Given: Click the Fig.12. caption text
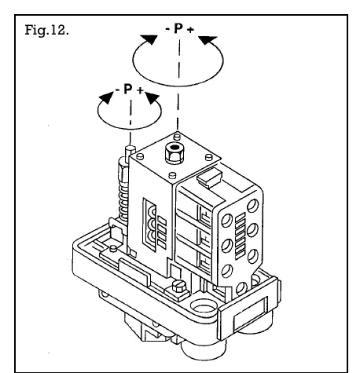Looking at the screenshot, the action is click(46, 30).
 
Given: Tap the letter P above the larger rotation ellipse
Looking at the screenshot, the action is click(178, 28).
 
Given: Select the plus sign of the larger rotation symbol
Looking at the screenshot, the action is click(190, 29).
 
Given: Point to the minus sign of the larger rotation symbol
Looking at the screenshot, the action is click(167, 28).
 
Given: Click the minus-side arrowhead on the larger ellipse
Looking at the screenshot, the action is click(149, 39).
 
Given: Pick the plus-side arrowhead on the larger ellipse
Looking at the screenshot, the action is click(208, 40).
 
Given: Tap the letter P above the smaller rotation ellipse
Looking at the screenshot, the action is click(127, 89).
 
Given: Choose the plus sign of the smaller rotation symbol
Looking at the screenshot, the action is click(140, 90).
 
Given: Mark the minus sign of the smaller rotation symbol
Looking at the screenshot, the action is click(117, 90).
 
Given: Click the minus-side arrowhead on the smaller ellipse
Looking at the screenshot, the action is click(107, 98).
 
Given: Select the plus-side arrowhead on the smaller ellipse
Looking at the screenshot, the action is click(152, 98).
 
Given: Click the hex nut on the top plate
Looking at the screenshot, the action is click(174, 153).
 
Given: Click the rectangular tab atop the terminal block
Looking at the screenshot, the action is click(210, 177).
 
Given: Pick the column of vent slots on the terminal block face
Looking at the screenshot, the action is click(241, 236).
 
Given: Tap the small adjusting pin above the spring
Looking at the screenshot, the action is click(130, 152).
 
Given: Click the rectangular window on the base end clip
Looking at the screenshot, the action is click(250, 314).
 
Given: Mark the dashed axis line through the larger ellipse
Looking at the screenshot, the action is click(178, 84).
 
